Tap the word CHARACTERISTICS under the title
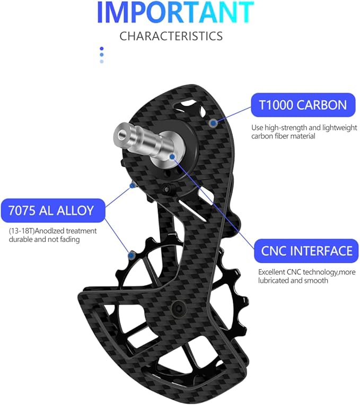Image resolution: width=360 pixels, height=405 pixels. [171, 36]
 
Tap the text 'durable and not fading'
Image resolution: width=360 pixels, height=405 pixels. [45, 239]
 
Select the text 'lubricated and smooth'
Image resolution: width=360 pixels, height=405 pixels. [293, 280]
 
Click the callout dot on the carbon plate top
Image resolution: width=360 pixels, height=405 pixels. [213, 123]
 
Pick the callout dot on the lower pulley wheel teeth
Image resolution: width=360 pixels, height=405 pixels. [130, 255]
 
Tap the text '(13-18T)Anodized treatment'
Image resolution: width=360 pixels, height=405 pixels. [52, 231]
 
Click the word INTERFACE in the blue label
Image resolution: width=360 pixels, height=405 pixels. [325, 251]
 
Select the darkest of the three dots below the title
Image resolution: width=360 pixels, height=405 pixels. [101, 49]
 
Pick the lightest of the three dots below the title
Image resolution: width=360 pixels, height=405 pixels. [101, 61]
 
